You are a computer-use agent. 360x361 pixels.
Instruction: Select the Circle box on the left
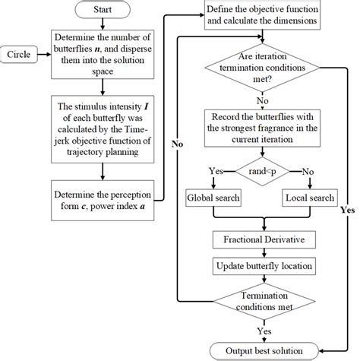(19, 55)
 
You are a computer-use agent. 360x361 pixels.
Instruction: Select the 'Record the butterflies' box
(261, 126)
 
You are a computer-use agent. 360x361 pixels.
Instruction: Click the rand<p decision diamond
(261, 172)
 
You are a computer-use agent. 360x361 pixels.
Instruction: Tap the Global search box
(214, 199)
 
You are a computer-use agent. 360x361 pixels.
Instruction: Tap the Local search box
(309, 199)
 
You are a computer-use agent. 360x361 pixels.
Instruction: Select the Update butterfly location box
(261, 266)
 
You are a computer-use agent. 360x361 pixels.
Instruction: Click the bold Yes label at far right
(347, 208)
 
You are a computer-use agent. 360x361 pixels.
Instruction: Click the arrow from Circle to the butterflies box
(44, 55)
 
